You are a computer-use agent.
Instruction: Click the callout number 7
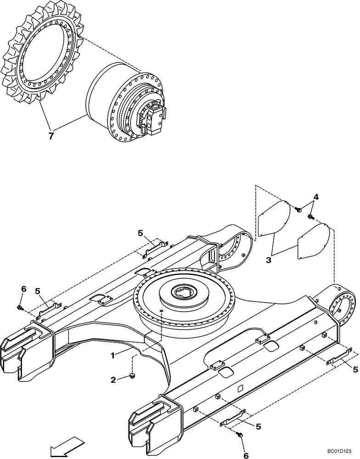pyautogui.click(x=51, y=136)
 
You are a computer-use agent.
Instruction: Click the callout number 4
pyautogui.click(x=316, y=197)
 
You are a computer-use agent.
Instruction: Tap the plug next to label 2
pyautogui.click(x=132, y=377)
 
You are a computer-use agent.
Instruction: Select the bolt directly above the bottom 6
pyautogui.click(x=239, y=434)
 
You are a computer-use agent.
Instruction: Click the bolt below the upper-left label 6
pyautogui.click(x=21, y=307)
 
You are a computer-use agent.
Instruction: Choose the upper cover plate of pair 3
pyautogui.click(x=274, y=218)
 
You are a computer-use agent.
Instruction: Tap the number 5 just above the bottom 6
pyautogui.click(x=258, y=427)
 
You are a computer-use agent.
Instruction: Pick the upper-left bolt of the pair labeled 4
pyautogui.click(x=298, y=210)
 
